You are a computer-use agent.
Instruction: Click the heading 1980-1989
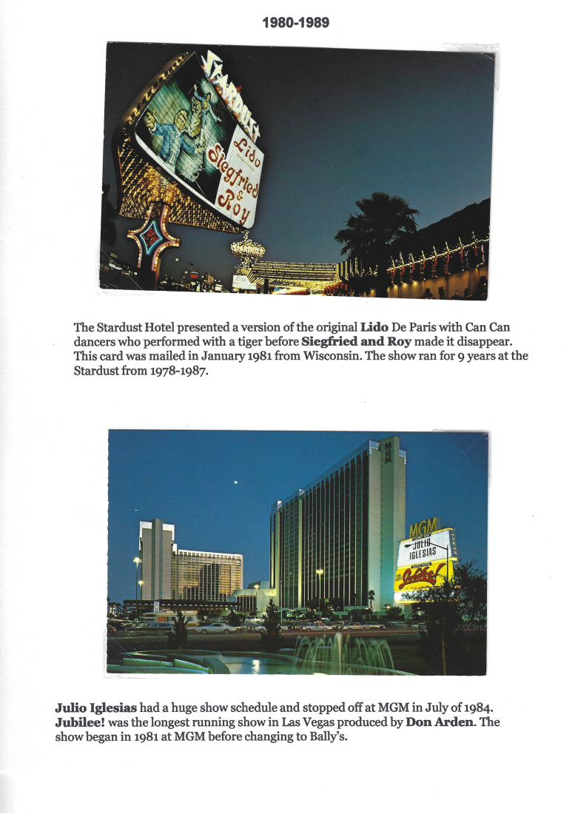[x=295, y=23]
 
